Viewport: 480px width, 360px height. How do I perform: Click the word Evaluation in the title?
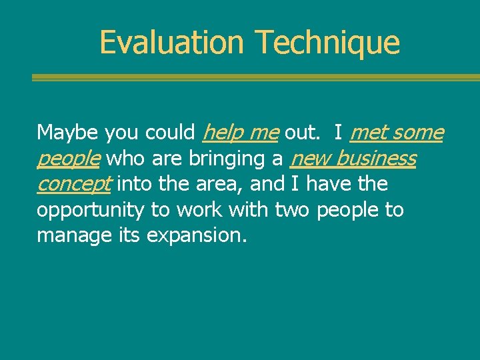pos(172,42)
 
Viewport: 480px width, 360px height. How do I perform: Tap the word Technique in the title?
pos(327,43)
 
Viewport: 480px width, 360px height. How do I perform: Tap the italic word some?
pos(418,133)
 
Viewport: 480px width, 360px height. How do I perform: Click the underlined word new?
pos(311,159)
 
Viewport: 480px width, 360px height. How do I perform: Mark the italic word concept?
pos(74,185)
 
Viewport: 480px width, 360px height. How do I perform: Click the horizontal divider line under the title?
pos(255,77)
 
